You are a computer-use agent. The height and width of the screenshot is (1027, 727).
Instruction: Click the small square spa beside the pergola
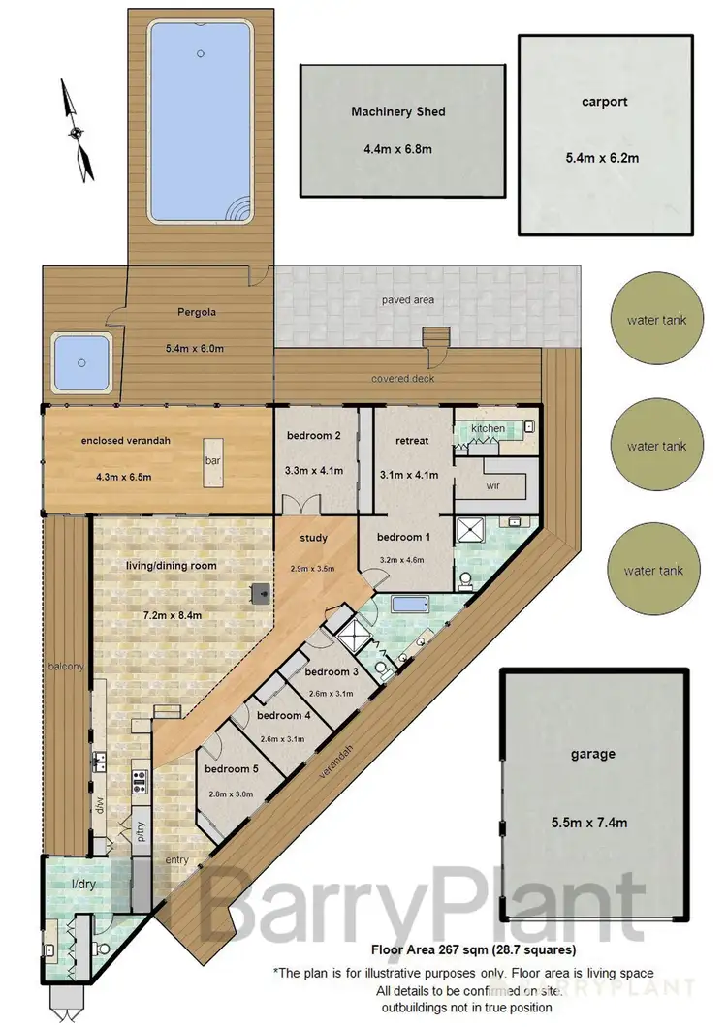pos(80,364)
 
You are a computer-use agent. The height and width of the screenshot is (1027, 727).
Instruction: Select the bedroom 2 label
pos(313,436)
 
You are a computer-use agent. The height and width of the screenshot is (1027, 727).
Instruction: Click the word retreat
pos(413,442)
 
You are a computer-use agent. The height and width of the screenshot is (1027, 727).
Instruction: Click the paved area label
pos(408,300)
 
